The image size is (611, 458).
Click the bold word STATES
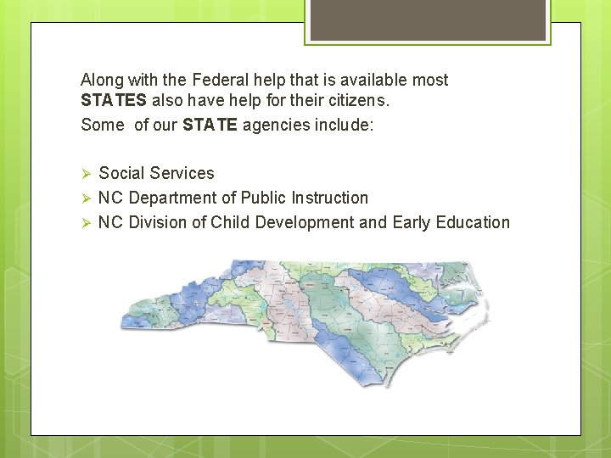point(113,101)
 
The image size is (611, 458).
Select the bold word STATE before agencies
point(210,126)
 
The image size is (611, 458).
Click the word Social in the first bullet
point(120,173)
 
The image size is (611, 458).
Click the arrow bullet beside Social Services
point(85,174)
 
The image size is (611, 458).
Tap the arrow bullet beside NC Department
point(85,198)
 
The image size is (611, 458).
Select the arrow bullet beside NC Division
point(85,223)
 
